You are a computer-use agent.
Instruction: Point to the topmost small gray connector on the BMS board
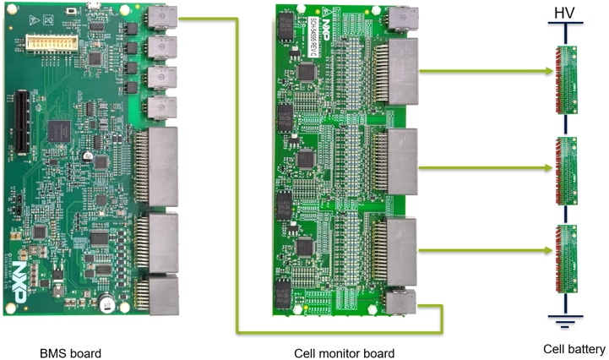(x=157, y=19)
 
